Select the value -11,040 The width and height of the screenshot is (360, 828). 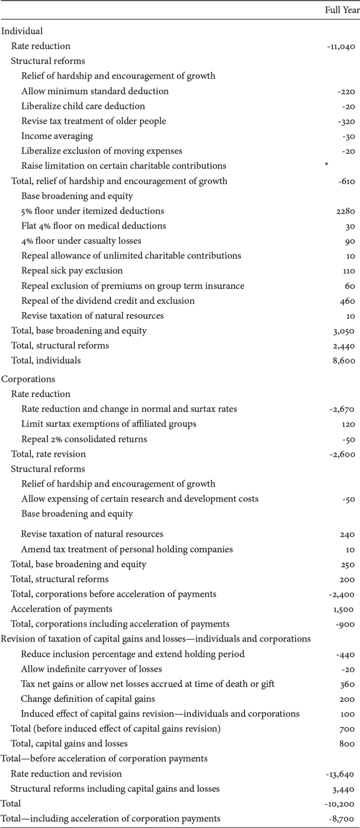(340, 46)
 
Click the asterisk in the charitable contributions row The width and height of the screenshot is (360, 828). (326, 166)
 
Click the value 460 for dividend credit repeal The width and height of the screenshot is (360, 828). (347, 301)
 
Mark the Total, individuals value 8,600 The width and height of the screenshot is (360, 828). (344, 360)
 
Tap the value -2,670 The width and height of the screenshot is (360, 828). (343, 409)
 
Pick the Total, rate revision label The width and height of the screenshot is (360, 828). (49, 454)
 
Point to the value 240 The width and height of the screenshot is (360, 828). (347, 534)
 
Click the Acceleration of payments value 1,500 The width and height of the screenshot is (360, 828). (344, 608)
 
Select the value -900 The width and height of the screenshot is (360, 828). (346, 623)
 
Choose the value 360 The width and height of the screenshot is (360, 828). (347, 684)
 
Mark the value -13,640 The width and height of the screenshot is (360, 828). (340, 774)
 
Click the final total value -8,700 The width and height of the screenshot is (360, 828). (343, 819)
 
